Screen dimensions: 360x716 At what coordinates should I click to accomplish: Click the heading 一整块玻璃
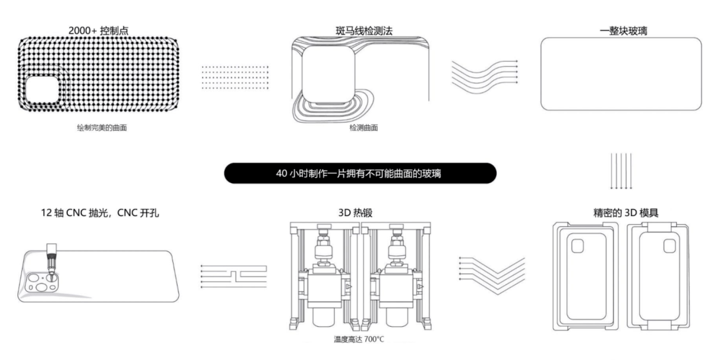point(621,30)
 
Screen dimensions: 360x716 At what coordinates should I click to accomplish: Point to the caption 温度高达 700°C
point(359,339)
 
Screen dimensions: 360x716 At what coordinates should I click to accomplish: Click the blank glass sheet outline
point(621,73)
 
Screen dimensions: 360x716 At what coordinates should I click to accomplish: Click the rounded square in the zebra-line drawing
point(327,79)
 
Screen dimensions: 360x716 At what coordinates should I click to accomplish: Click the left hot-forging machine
point(323,278)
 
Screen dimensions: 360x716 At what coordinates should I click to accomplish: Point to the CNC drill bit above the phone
point(50,259)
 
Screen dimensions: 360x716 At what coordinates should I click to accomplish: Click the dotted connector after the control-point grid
point(235,77)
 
